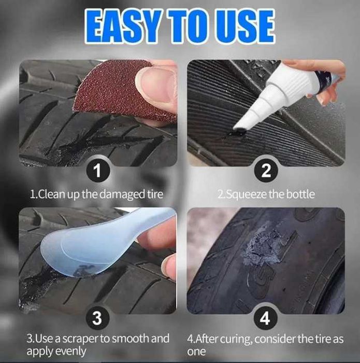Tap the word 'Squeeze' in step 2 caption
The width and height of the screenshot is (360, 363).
coord(247,194)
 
